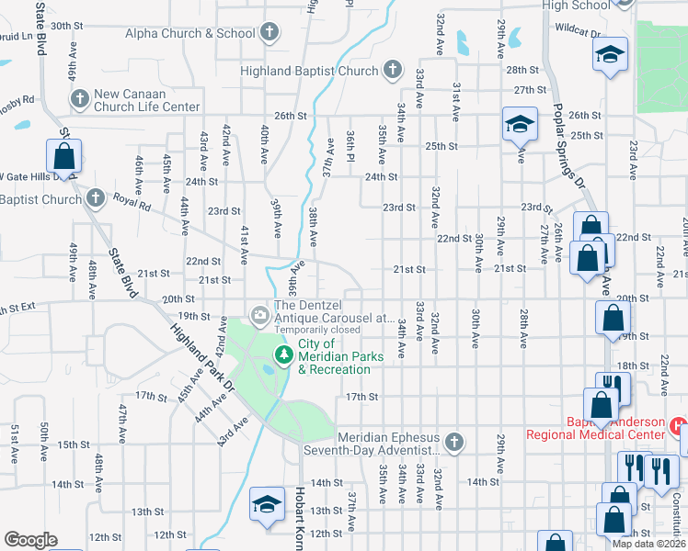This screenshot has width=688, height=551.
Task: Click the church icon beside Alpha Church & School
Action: pos(269,34)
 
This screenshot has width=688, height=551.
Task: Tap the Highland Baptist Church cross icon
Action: pos(393,70)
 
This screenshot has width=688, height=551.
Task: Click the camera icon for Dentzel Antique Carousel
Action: pos(260,316)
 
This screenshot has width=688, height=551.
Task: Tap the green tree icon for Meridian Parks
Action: pos(283,355)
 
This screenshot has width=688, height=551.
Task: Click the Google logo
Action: pos(30,539)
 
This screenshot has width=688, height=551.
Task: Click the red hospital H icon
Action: pos(679,427)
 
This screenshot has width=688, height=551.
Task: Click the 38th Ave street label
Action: pos(313,227)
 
